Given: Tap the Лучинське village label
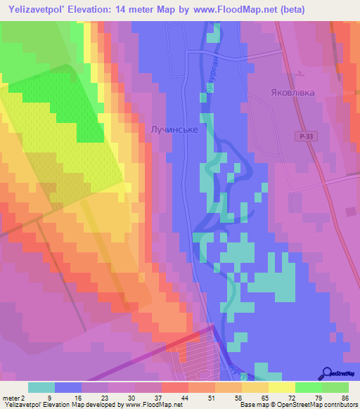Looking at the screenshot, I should (x=174, y=130).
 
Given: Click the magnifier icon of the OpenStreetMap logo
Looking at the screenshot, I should (x=327, y=375).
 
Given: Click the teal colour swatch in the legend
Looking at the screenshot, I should (x=41, y=387).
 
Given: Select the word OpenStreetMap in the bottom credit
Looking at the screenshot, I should (x=296, y=404).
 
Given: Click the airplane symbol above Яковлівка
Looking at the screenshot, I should (x=302, y=72).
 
